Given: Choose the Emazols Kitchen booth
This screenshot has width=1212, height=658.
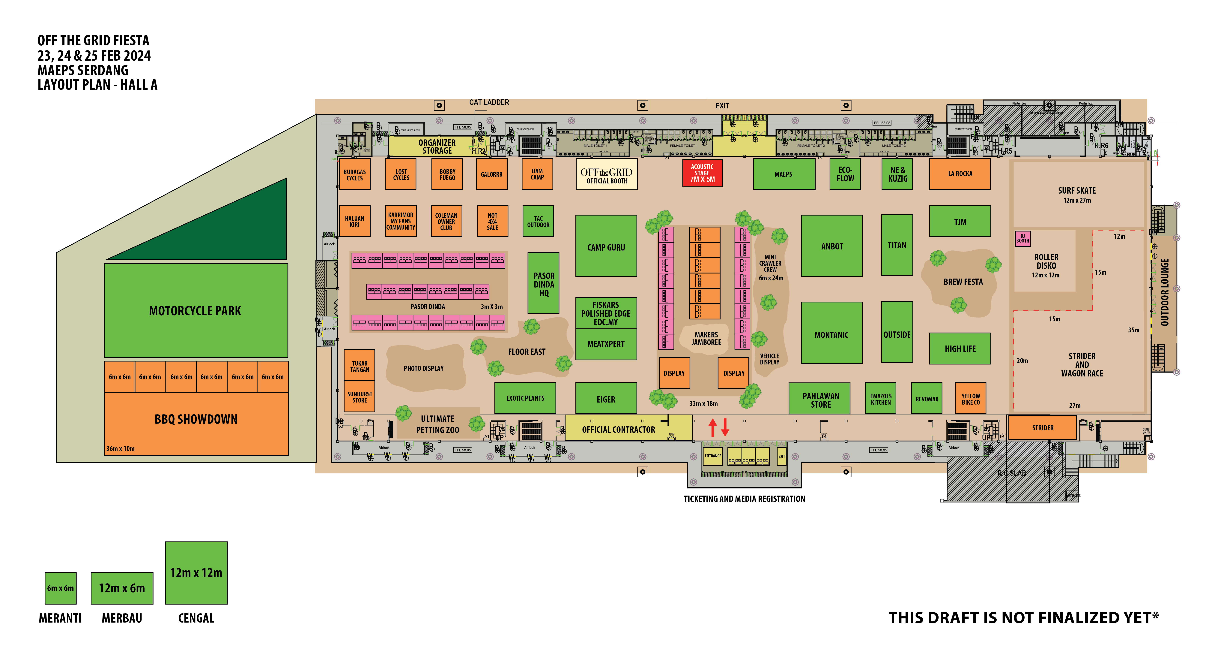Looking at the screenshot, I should (880, 399).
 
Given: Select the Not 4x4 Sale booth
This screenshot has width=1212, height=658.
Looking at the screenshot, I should (492, 221).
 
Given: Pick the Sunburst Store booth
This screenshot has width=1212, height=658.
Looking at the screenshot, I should (360, 397).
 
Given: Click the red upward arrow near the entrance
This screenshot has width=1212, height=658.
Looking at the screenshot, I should (713, 427).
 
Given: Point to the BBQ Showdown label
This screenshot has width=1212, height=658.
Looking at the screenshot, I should (196, 419).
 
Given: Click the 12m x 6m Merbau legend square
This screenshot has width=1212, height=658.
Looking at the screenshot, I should (122, 588).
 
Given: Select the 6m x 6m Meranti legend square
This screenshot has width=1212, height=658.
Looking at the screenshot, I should (60, 588).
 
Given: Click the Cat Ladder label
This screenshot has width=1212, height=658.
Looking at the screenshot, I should (489, 102).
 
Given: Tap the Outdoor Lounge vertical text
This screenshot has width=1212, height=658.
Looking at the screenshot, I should (1164, 292).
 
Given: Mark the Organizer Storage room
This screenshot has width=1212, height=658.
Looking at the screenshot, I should (437, 146).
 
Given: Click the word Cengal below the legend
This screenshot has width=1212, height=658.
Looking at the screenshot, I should (196, 618).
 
